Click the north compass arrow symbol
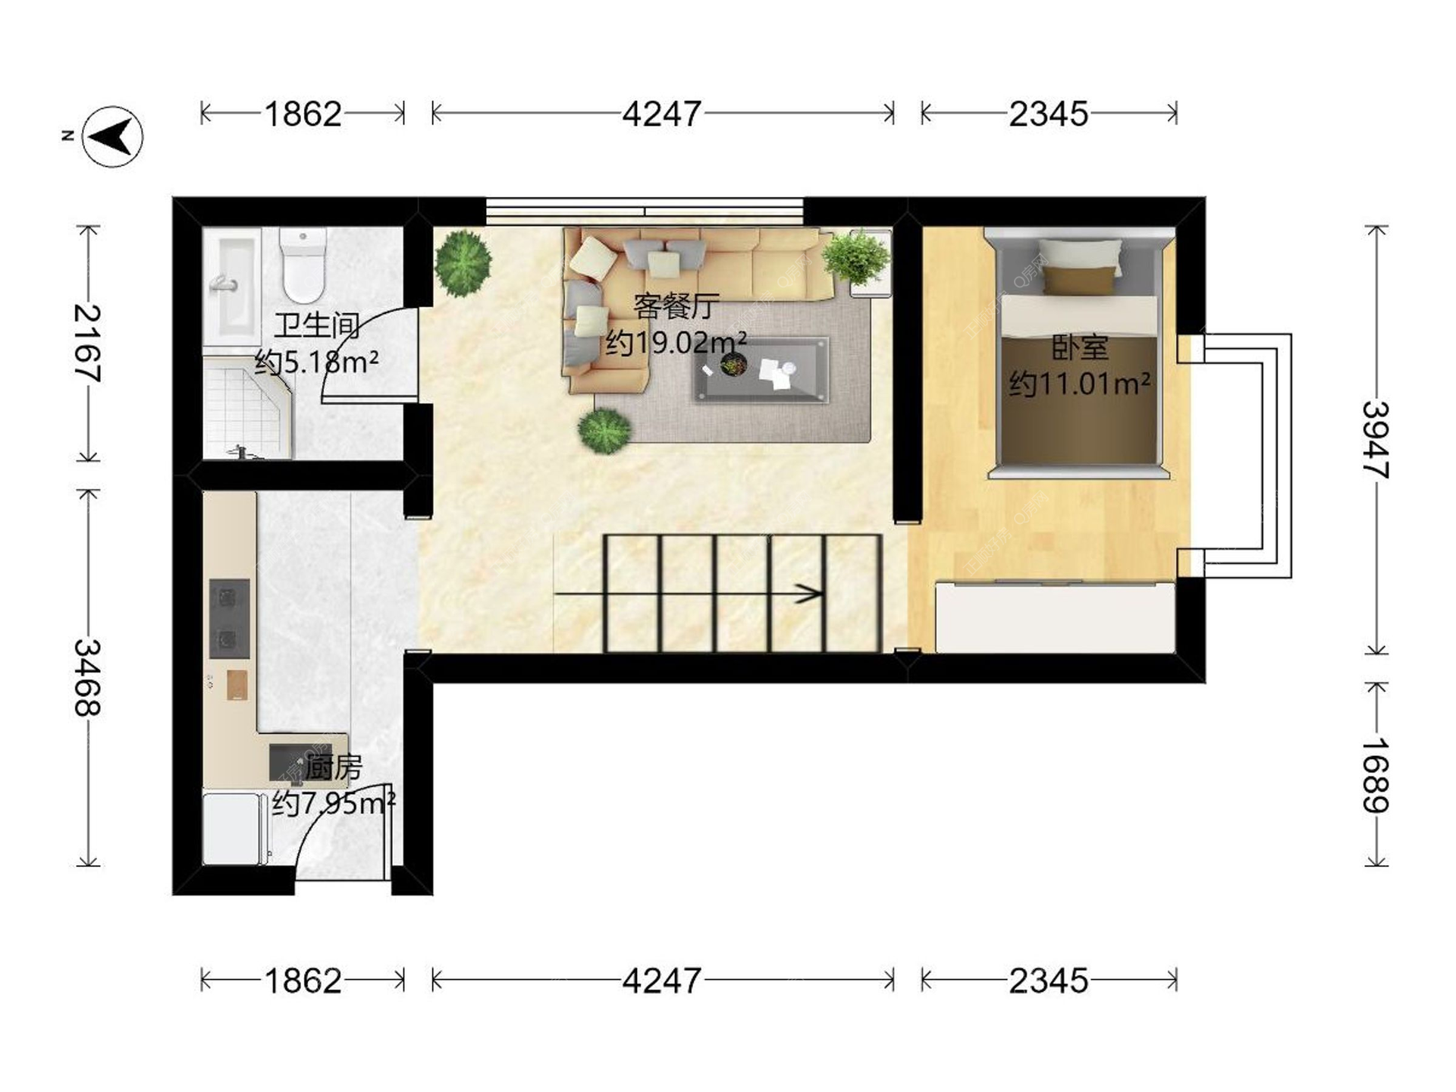click(112, 136)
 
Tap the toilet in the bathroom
click(303, 265)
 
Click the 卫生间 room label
click(317, 325)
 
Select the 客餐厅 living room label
click(676, 306)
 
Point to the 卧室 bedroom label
click(1080, 347)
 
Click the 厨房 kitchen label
click(333, 768)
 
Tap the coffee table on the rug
click(761, 369)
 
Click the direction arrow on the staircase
click(689, 593)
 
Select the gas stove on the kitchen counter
click(229, 619)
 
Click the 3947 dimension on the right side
click(1376, 440)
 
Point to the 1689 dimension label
click(1376, 774)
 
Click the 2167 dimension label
click(87, 343)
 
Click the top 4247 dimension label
click(662, 114)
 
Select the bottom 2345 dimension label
click(1049, 981)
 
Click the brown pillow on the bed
click(1080, 280)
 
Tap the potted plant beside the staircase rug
click(604, 431)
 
